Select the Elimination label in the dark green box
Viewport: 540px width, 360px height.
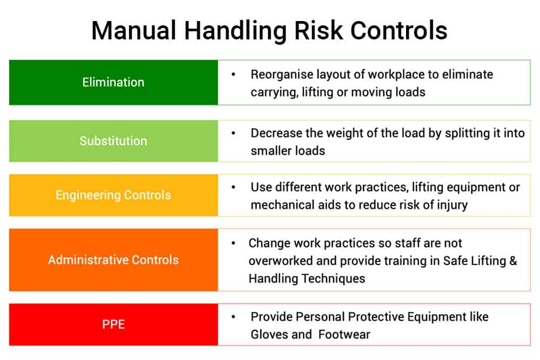pyautogui.click(x=113, y=83)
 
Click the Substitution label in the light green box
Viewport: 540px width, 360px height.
pyautogui.click(x=113, y=141)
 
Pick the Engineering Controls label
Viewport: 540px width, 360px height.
pyautogui.click(x=113, y=195)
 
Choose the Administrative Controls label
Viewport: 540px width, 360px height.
pyautogui.click(x=113, y=260)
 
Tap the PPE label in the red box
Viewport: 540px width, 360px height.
pyautogui.click(x=113, y=324)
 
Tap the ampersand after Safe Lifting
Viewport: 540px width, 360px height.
pyautogui.click(x=512, y=261)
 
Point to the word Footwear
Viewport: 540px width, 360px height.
pyautogui.click(x=345, y=335)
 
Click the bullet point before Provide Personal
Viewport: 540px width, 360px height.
pyautogui.click(x=233, y=316)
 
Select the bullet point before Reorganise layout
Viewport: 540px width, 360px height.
pyautogui.click(x=233, y=74)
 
